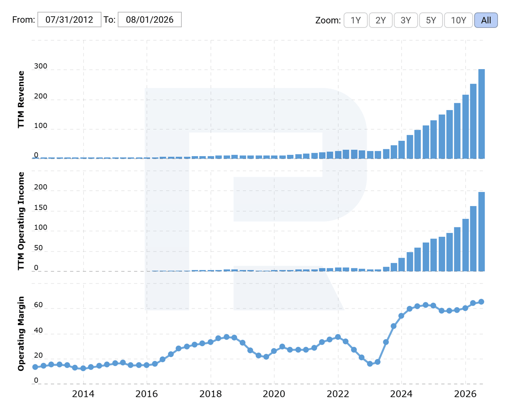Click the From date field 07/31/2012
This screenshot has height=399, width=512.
(x=69, y=20)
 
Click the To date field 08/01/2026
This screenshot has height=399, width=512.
(x=150, y=20)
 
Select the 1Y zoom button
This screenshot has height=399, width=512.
(x=355, y=20)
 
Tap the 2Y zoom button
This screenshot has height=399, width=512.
(x=381, y=20)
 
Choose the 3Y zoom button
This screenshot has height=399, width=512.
(x=406, y=20)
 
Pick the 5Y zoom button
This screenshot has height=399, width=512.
(x=431, y=20)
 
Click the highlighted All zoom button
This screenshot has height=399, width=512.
(x=486, y=20)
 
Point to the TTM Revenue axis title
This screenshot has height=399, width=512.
(x=21, y=99)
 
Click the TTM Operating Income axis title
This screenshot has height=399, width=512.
(x=21, y=221)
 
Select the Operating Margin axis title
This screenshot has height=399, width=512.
(x=21, y=334)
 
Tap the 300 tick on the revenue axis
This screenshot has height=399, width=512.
(x=41, y=66)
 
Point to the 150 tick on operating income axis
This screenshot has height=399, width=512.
(x=41, y=208)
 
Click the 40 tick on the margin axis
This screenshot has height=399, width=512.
(x=38, y=330)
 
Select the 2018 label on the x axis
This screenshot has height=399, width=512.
(x=210, y=394)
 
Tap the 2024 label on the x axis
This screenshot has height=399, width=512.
(x=401, y=394)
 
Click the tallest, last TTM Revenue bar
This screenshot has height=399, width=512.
(x=481, y=114)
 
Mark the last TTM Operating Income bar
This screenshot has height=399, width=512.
(x=481, y=232)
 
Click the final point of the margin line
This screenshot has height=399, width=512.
(x=481, y=302)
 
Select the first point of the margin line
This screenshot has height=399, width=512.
(x=35, y=367)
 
